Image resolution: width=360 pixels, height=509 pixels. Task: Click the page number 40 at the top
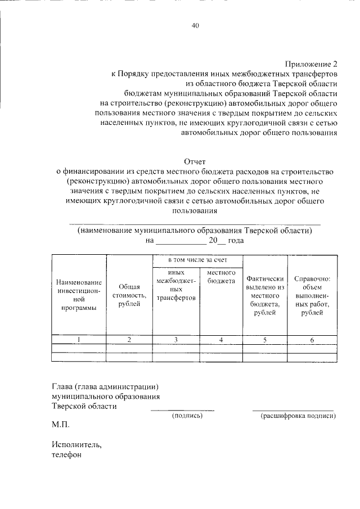[195, 25]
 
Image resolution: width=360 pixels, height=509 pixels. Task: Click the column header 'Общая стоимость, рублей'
[129, 295]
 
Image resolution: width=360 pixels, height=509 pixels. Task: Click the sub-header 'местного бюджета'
[221, 277]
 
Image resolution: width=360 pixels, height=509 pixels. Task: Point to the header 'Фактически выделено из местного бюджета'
[265, 295]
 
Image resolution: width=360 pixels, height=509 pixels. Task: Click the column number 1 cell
[79, 339]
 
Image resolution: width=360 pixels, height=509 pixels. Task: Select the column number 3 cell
[176, 339]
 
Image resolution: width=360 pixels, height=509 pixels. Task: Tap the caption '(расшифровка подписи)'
[298, 416]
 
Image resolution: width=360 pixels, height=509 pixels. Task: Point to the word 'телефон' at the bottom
[67, 455]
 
